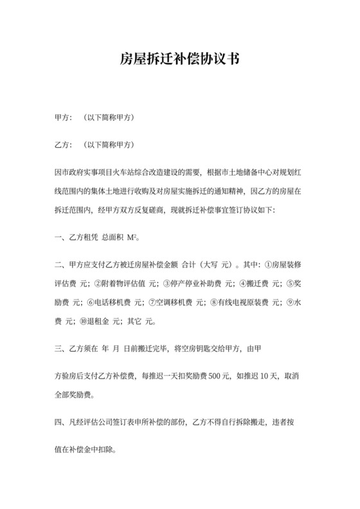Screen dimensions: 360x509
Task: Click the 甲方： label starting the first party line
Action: tap(64, 119)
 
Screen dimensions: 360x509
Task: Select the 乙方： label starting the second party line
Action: tap(64, 145)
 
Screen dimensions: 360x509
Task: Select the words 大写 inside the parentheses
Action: tap(210, 264)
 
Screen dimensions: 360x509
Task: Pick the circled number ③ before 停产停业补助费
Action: tap(166, 283)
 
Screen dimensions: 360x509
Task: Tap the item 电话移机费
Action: tap(107, 301)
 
